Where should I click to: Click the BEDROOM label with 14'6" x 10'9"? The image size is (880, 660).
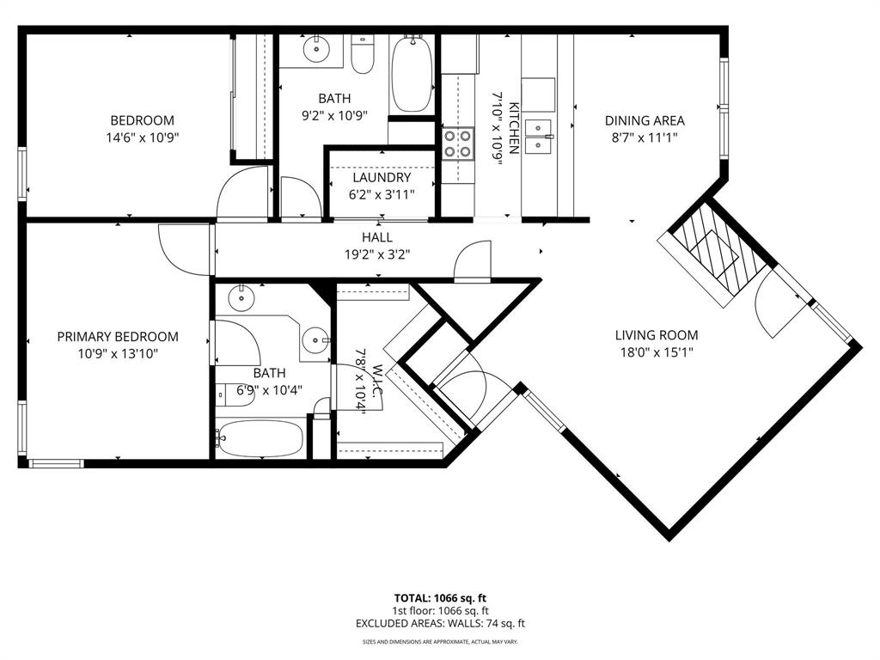point(142,120)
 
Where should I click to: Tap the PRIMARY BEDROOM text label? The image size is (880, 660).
point(118,337)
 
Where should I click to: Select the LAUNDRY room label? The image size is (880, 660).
point(382,178)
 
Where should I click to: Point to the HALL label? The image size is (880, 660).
point(376,237)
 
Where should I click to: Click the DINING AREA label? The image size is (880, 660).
point(645,120)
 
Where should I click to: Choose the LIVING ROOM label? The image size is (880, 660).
point(657,335)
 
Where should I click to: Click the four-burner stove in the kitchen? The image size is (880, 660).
point(458,144)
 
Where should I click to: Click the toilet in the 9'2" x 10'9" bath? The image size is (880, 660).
point(364,55)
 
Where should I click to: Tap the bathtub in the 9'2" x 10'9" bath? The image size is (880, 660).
point(412,74)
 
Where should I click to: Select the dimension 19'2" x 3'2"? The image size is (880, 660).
point(376,254)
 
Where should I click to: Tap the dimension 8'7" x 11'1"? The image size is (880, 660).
point(645,137)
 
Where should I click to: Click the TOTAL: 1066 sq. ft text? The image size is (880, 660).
point(440,597)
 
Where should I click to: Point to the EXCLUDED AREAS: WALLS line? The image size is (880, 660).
point(440,624)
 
